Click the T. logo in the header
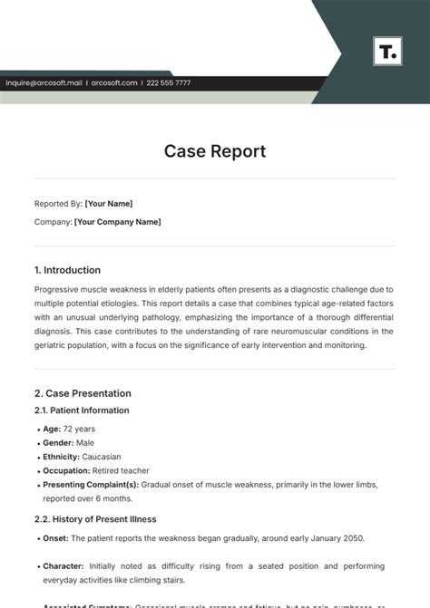click(x=386, y=51)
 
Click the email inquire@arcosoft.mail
click(x=45, y=83)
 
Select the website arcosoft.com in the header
click(x=114, y=83)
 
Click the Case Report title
click(x=215, y=151)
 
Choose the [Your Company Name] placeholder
click(x=118, y=222)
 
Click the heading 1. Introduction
click(x=67, y=270)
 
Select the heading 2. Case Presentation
click(x=83, y=393)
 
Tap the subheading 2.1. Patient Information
click(x=82, y=410)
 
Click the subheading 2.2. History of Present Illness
click(x=95, y=519)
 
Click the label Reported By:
click(x=58, y=204)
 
